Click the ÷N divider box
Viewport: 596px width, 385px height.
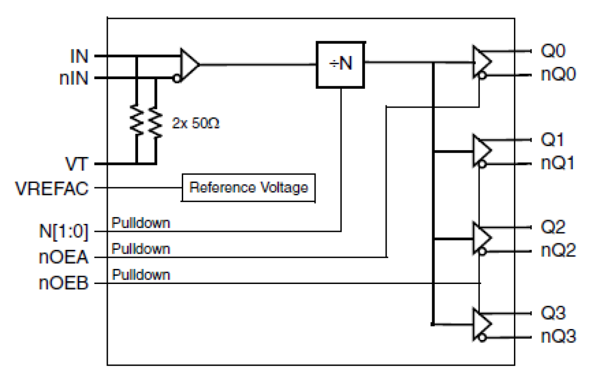[341, 65]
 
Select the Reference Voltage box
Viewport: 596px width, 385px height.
[249, 187]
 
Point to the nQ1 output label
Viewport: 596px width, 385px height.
[558, 164]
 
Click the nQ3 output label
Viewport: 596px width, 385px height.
[558, 337]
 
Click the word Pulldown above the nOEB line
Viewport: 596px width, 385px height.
[141, 275]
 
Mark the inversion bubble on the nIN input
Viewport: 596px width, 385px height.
[177, 79]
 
